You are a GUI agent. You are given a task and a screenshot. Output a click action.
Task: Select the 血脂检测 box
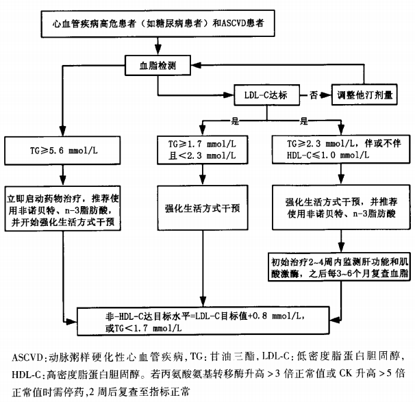click(x=158, y=66)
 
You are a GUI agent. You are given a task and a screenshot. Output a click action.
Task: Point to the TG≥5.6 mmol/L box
click(x=62, y=148)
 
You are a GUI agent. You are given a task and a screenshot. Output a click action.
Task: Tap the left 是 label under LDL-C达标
click(x=234, y=120)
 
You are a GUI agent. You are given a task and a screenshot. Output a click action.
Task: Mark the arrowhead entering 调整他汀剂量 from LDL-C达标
click(x=328, y=95)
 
